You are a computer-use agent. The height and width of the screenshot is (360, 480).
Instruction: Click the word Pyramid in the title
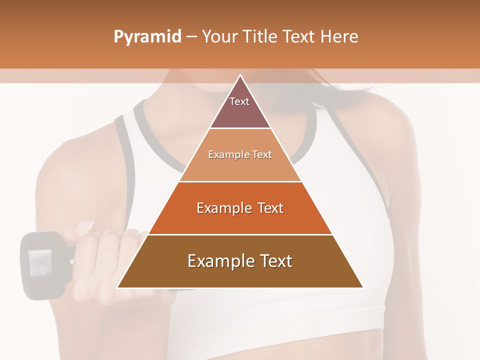pos(147,36)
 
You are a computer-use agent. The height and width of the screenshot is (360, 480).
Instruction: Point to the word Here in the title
pos(338,36)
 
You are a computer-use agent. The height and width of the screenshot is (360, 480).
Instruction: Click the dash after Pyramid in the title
pos(191,37)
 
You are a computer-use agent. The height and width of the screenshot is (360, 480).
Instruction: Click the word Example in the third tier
pos(222,208)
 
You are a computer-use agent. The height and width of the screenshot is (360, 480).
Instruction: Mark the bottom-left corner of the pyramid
pos(118,287)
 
